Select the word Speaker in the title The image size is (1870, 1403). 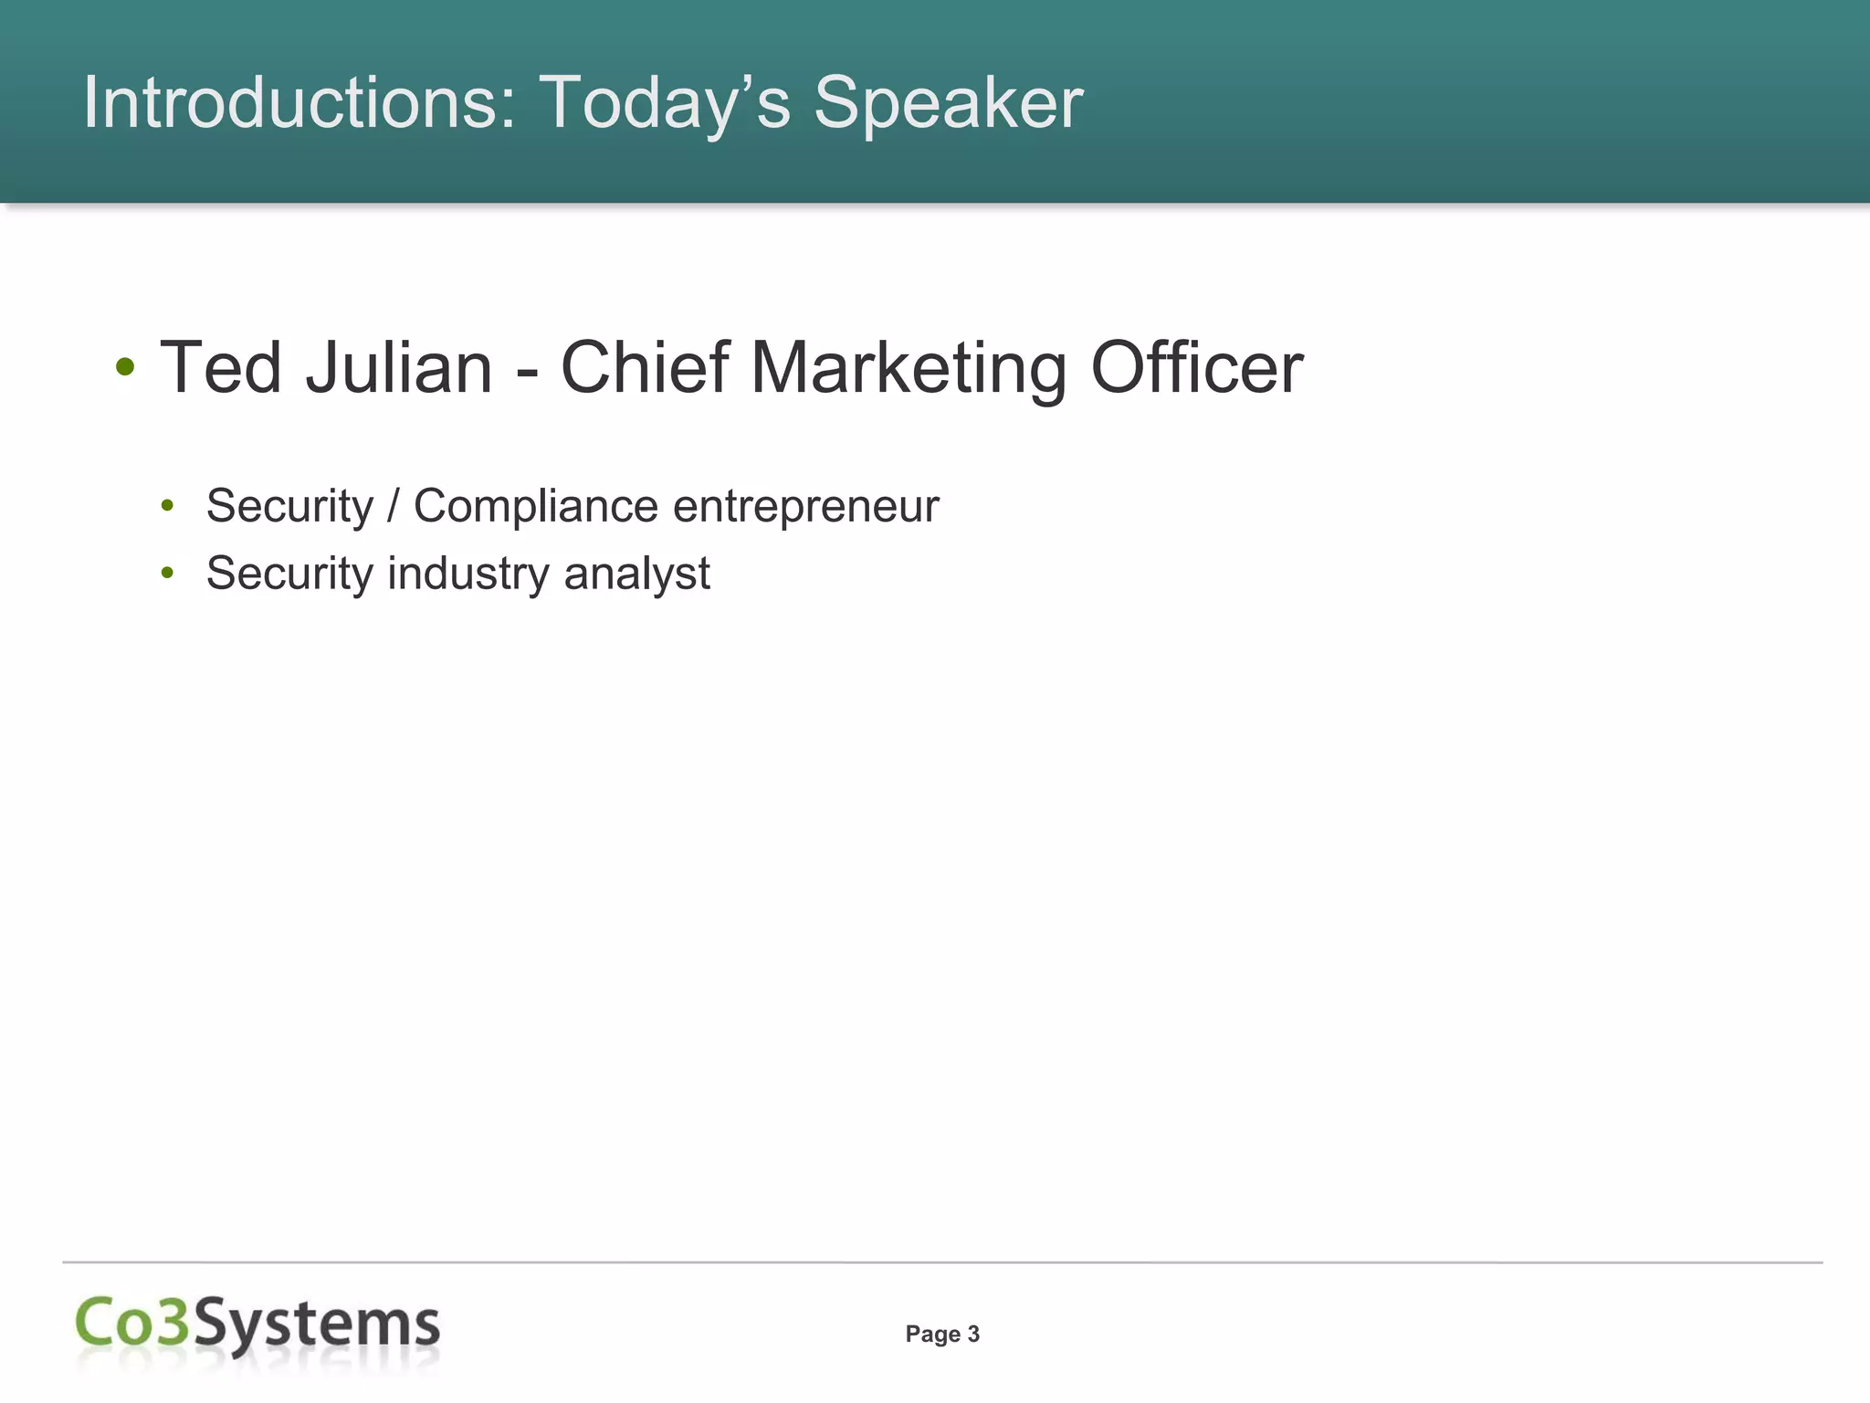(948, 102)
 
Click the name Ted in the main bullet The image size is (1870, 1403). (220, 367)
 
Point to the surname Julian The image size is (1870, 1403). (398, 367)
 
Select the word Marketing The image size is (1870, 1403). (909, 367)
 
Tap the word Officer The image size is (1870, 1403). (1197, 367)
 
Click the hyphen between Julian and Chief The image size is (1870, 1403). (526, 371)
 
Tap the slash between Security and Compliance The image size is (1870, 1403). (394, 506)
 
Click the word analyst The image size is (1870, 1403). (636, 574)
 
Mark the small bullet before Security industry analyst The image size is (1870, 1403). (167, 574)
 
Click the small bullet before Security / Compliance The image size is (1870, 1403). (167, 506)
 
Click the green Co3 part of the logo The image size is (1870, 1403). (132, 1323)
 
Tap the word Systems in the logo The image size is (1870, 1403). (317, 1324)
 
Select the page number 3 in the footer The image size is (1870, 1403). (973, 1334)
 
